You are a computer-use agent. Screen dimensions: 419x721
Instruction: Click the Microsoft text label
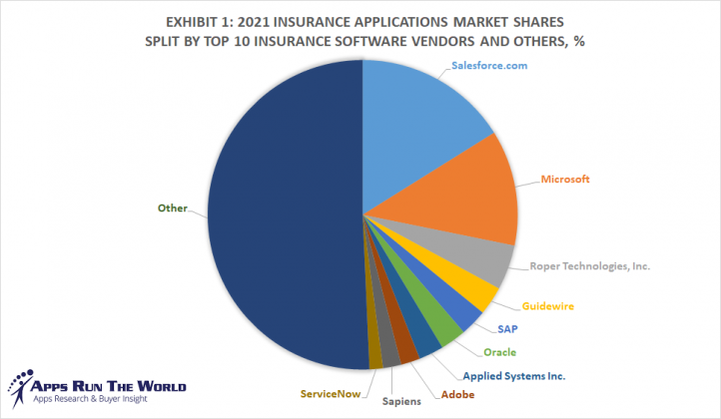coord(565,180)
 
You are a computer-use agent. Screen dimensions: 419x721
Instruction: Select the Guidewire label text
coord(546,306)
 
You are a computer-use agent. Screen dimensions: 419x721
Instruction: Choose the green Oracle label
coord(499,352)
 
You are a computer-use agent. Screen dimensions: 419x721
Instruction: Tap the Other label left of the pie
coord(173,209)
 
